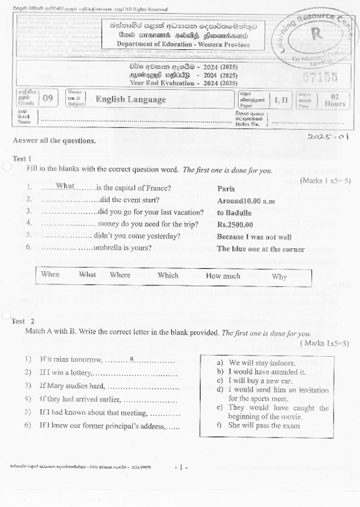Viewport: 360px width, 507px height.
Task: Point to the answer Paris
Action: click(226, 188)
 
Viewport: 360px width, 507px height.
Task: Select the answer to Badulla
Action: click(234, 213)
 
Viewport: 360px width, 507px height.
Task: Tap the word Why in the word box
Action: click(279, 276)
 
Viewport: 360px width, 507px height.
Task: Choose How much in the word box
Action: click(223, 275)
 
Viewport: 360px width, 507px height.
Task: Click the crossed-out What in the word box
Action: click(87, 275)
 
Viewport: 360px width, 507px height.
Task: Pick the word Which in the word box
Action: click(168, 275)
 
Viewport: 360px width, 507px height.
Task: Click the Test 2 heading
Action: click(23, 321)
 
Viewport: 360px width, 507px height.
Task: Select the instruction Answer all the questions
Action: click(54, 140)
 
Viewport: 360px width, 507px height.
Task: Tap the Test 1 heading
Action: click(22, 158)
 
